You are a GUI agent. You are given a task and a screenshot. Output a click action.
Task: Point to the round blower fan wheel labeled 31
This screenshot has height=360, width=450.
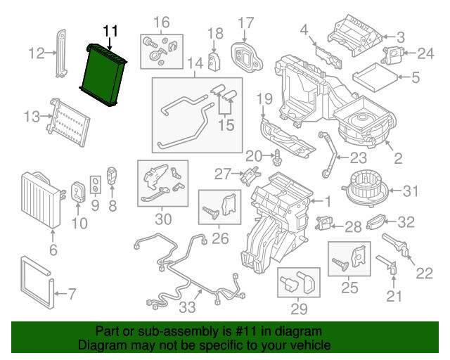364,188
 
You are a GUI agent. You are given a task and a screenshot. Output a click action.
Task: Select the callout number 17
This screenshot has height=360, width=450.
245,23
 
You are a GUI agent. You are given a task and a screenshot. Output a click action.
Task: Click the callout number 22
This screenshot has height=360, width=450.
424,274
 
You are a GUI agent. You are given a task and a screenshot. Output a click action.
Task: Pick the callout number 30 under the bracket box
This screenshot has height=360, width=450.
163,219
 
